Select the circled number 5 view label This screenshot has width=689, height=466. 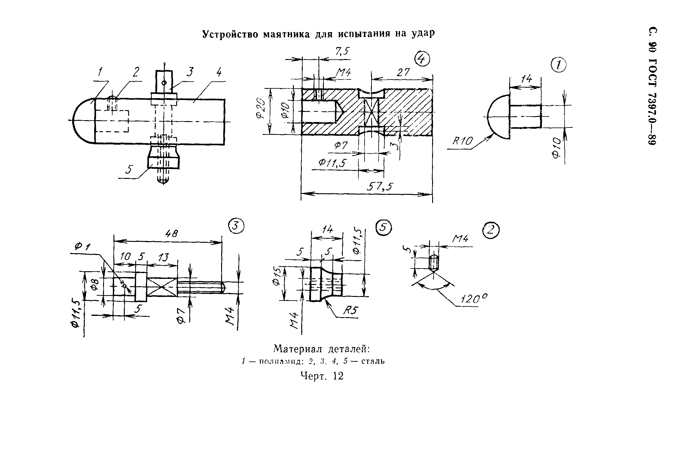pos(384,228)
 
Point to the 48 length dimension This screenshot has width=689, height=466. pos(171,234)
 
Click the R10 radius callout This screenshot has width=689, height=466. pos(462,141)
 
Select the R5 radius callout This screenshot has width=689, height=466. pos(350,311)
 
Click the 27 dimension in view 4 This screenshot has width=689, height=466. pos(403,73)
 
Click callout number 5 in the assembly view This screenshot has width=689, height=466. pos(130,169)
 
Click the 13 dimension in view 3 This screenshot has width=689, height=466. pos(163,257)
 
